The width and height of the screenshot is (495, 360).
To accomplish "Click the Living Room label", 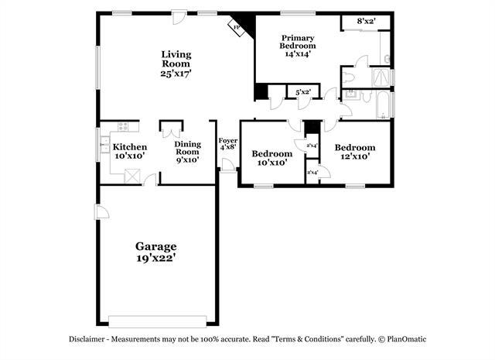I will (176, 63).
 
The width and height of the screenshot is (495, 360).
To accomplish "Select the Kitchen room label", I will (129, 152).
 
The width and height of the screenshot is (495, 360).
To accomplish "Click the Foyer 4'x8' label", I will (227, 143).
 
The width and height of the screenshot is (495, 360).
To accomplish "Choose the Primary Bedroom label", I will (298, 46).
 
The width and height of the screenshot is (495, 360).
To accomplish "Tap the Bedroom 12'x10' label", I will (354, 152).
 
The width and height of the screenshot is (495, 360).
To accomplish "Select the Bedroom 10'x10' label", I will (271, 158).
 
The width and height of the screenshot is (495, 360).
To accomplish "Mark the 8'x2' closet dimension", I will (367, 21).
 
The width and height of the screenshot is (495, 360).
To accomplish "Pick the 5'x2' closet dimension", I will (302, 93).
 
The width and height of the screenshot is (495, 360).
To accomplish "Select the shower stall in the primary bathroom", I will (381, 77).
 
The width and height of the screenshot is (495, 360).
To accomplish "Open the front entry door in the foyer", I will (228, 165).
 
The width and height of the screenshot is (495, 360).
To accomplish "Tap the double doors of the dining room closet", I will (171, 126).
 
